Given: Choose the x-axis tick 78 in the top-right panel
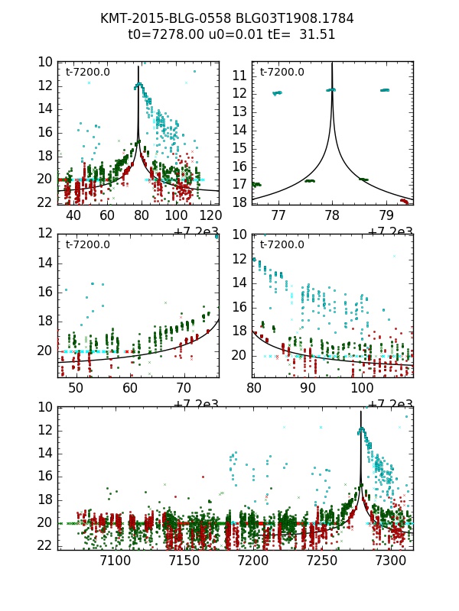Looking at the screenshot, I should pyautogui.click(x=332, y=215).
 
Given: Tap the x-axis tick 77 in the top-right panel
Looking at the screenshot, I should pyautogui.click(x=278, y=215).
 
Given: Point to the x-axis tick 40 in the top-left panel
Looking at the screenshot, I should pyautogui.click(x=73, y=215).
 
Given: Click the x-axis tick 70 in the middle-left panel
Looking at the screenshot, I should pyautogui.click(x=184, y=389).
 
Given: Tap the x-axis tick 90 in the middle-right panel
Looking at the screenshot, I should pyautogui.click(x=308, y=389).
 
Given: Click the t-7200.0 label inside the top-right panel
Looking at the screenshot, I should pyautogui.click(x=282, y=72).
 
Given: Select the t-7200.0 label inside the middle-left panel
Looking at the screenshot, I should pyautogui.click(x=88, y=244).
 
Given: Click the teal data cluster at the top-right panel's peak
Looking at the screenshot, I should pyautogui.click(x=331, y=89).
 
